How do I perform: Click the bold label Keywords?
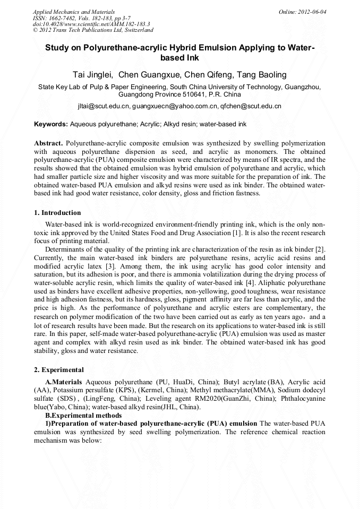tap(51, 125)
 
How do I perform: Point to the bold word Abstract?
tap(49, 144)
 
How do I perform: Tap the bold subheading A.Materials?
tap(64, 382)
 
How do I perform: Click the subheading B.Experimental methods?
tap(83, 415)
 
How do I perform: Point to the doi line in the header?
tap(91, 24)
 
